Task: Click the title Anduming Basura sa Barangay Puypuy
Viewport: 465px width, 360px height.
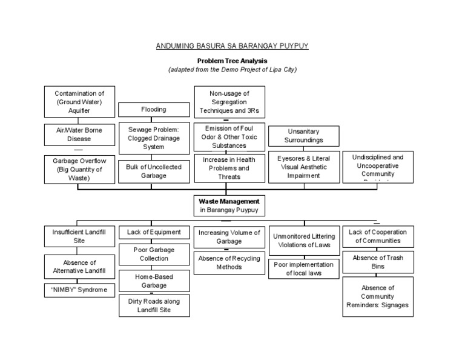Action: coord(232,46)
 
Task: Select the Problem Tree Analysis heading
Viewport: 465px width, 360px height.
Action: coord(232,61)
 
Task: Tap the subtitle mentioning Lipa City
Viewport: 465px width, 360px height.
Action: coord(232,69)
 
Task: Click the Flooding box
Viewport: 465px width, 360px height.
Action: coord(154,110)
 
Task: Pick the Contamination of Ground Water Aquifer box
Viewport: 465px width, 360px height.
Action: coord(79,102)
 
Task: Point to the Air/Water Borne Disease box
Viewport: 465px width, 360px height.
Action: coord(79,135)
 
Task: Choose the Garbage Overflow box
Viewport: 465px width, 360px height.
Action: coord(79,169)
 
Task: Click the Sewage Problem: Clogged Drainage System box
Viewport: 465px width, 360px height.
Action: coord(154,138)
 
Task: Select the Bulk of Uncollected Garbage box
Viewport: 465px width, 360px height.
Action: coord(154,171)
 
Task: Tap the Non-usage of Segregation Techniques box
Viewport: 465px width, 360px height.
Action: coord(228,102)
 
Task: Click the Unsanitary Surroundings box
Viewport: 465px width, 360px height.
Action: coord(304,136)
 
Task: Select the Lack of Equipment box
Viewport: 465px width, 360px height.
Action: coord(154,232)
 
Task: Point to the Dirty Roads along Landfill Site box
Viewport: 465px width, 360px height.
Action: coord(154,305)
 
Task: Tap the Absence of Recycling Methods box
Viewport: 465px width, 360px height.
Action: coord(229,262)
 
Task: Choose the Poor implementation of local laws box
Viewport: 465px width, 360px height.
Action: coord(304,268)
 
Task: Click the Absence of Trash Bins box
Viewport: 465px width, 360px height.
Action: coord(378,262)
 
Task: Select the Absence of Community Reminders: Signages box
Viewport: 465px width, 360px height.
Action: coord(378,296)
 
